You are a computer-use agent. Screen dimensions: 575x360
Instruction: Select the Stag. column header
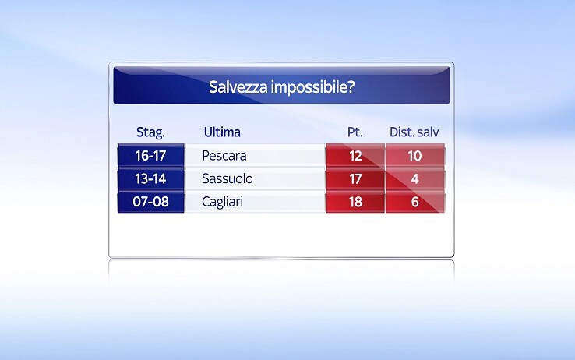pyautogui.click(x=150, y=132)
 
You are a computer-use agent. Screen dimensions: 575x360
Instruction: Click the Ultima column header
pyautogui.click(x=222, y=132)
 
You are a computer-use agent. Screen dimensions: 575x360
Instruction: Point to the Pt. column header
pyautogui.click(x=355, y=132)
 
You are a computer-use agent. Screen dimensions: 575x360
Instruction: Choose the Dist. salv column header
pyautogui.click(x=414, y=132)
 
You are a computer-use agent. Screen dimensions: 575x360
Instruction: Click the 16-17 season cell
pyautogui.click(x=150, y=155)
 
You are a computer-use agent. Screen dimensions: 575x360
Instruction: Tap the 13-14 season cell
pyautogui.click(x=150, y=178)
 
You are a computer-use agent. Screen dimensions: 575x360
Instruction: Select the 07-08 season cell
pyautogui.click(x=150, y=202)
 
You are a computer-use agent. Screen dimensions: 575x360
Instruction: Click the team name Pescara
pyautogui.click(x=224, y=156)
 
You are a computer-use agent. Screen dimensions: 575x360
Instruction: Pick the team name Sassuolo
pyautogui.click(x=228, y=178)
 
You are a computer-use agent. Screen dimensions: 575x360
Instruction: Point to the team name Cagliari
pyautogui.click(x=222, y=202)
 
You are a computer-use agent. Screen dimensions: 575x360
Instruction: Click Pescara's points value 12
pyautogui.click(x=355, y=156)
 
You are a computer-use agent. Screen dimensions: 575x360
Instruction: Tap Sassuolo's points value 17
pyautogui.click(x=355, y=179)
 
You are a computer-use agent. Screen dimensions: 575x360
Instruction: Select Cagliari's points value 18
pyautogui.click(x=355, y=202)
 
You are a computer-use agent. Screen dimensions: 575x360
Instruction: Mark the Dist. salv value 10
pyautogui.click(x=415, y=156)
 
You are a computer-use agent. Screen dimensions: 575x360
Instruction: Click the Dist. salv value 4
pyautogui.click(x=415, y=179)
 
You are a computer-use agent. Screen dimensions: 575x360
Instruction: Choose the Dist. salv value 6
pyautogui.click(x=415, y=202)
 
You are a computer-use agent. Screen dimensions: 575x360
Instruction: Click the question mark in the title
pyautogui.click(x=351, y=87)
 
